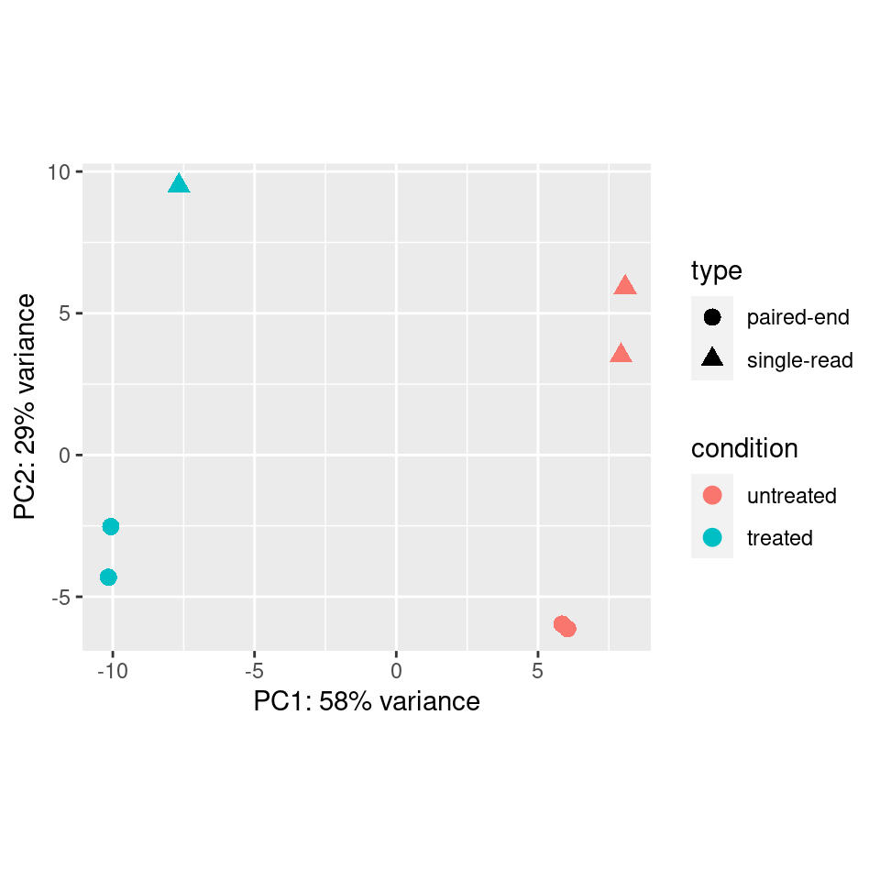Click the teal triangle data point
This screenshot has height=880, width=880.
(x=179, y=185)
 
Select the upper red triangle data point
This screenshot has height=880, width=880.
(x=625, y=286)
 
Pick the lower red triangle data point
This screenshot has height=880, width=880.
(x=621, y=354)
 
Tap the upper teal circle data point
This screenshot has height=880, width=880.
(x=111, y=526)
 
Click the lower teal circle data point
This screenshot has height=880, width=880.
(x=108, y=577)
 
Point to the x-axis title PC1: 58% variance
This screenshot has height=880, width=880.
(x=367, y=702)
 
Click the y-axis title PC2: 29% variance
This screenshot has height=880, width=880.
(x=26, y=406)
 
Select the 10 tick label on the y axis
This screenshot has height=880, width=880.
(x=59, y=172)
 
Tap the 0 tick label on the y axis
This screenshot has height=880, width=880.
(x=65, y=456)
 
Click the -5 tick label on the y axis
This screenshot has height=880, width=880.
(x=61, y=598)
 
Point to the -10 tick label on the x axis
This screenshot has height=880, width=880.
(x=112, y=671)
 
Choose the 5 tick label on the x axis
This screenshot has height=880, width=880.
(x=538, y=671)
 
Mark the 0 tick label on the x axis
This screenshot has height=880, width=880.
(x=396, y=671)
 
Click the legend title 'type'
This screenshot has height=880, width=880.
(x=716, y=270)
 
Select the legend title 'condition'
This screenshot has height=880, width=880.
(x=744, y=448)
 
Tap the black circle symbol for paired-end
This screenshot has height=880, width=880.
(x=712, y=318)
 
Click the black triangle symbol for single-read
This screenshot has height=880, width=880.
(x=712, y=359)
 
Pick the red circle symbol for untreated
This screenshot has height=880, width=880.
(x=712, y=495)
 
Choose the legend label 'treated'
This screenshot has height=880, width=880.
(x=779, y=538)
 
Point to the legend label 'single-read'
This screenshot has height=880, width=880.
(x=799, y=360)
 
